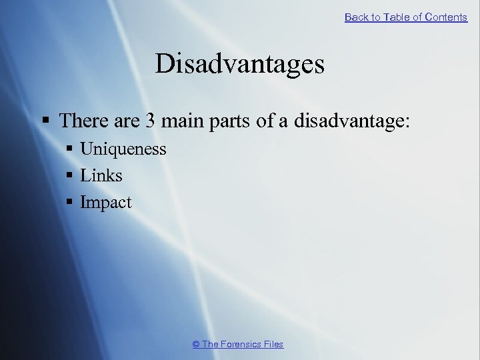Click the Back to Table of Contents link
click(405, 17)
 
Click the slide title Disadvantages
click(240, 64)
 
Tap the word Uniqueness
click(123, 149)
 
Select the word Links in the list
click(101, 175)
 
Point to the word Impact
click(106, 202)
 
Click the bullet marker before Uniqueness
click(71, 149)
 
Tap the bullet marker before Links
click(71, 176)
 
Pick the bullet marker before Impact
click(71, 203)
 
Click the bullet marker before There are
click(46, 121)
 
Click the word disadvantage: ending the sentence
click(361, 121)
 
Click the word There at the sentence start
click(82, 121)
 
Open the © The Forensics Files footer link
click(238, 344)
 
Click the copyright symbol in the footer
click(196, 344)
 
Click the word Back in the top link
click(357, 17)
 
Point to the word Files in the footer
click(273, 344)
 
